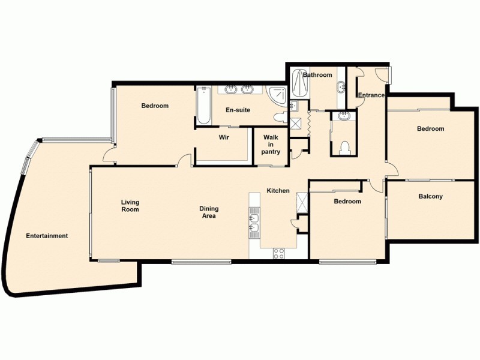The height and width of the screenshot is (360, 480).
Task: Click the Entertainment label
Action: [x=47, y=236]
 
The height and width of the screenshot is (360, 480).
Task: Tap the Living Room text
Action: [x=130, y=206]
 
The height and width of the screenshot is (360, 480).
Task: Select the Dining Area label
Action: [x=209, y=212]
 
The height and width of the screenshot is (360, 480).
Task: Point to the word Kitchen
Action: [x=278, y=191]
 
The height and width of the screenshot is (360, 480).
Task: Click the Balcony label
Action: [x=430, y=196]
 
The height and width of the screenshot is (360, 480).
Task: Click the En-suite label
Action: [x=238, y=110]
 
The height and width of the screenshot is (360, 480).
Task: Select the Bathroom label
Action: [x=317, y=75]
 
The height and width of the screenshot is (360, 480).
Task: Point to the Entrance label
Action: [x=371, y=95]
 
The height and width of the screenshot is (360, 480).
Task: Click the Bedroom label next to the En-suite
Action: [x=155, y=106]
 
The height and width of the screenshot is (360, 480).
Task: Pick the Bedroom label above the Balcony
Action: [x=430, y=129]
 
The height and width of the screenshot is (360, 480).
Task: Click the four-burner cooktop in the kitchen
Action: [x=279, y=253]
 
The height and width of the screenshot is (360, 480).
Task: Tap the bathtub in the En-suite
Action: [x=203, y=106]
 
